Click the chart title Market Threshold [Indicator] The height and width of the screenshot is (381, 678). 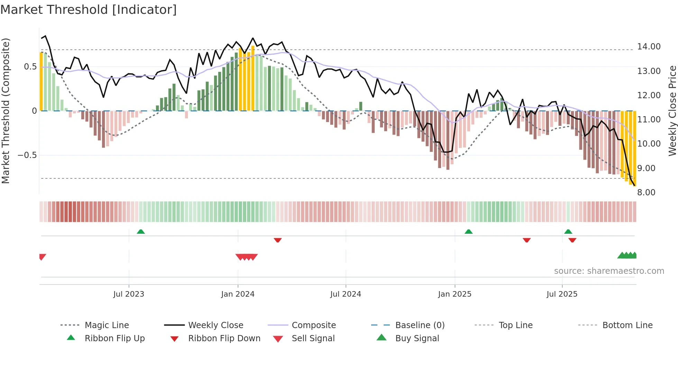tap(89, 10)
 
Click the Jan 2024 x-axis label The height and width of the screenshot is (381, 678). tap(238, 294)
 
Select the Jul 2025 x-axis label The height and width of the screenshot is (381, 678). tap(562, 294)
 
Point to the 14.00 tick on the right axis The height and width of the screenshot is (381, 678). tap(649, 46)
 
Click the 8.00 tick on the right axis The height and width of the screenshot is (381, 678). tap(646, 192)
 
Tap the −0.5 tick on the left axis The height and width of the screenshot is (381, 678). tap(27, 155)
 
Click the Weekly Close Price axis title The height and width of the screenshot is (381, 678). tap(672, 111)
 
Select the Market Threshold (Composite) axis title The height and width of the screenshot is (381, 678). tap(6, 111)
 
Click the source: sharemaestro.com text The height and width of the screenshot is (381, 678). tap(609, 271)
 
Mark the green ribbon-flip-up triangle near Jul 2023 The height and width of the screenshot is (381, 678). tap(141, 232)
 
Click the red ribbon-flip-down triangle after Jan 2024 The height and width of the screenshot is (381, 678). tap(277, 240)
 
